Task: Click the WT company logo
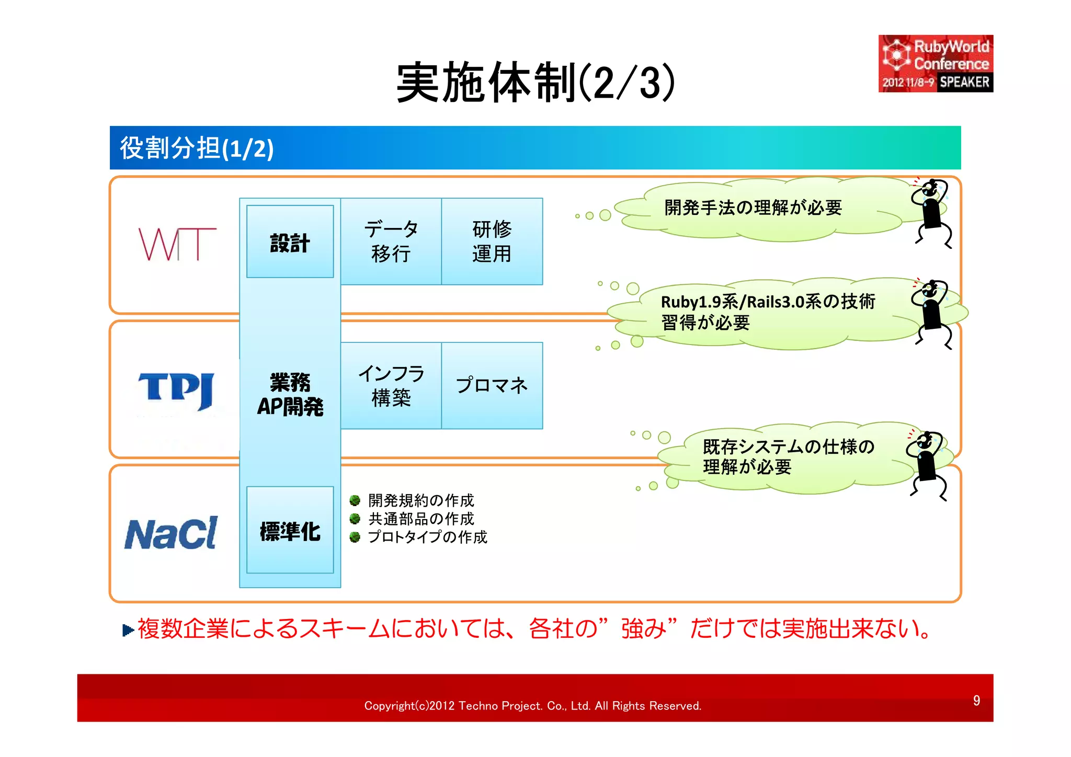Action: click(x=177, y=244)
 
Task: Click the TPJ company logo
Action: click(x=176, y=391)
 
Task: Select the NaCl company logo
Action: click(x=171, y=534)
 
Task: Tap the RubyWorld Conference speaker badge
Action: click(x=935, y=64)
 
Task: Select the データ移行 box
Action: click(x=391, y=242)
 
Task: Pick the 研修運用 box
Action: click(x=492, y=242)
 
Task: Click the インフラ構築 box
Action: click(x=391, y=386)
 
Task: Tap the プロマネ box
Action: click(x=492, y=386)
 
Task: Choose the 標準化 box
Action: click(x=290, y=531)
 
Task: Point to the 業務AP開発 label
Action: click(x=290, y=395)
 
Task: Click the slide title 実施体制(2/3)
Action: click(x=535, y=83)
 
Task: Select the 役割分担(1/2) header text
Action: click(x=197, y=148)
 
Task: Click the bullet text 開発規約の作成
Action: click(x=421, y=500)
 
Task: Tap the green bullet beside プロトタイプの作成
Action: click(x=355, y=537)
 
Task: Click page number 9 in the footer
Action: click(x=976, y=701)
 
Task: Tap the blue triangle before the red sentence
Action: click(x=128, y=630)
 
